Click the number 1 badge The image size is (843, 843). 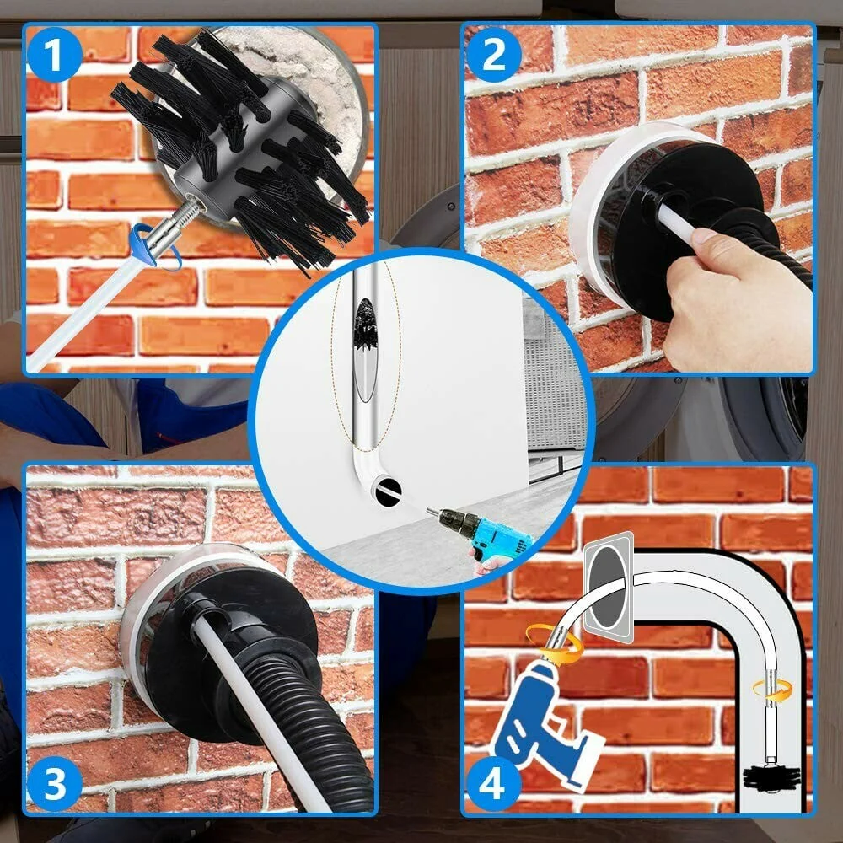tap(54, 55)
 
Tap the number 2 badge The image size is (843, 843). tap(493, 55)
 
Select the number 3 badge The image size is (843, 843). tap(54, 784)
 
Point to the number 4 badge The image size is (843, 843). tap(493, 784)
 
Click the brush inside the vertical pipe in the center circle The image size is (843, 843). tap(366, 325)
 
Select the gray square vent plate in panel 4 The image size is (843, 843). tap(609, 588)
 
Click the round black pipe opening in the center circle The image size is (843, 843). tap(388, 491)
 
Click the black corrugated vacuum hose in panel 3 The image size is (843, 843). tap(301, 721)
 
